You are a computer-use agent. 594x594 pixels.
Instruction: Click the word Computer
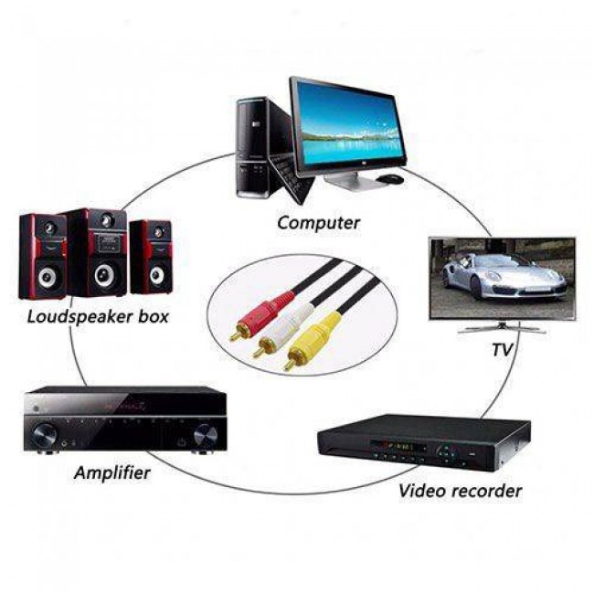coord(318,222)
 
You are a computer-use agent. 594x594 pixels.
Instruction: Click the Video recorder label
coord(460,491)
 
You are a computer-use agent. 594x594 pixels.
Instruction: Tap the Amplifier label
coord(113,472)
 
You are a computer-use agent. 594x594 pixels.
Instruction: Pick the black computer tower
coord(252,146)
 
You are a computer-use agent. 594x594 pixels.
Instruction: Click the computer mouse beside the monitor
coord(391,177)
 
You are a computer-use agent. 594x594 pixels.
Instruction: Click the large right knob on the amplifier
coord(205,435)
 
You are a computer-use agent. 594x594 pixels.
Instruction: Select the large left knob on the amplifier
coord(43,434)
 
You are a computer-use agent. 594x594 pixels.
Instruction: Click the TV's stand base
coord(502,329)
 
